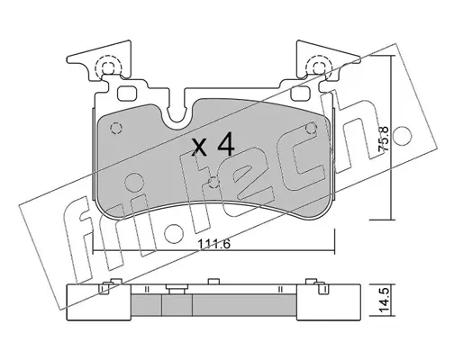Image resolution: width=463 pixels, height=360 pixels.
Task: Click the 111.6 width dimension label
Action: click(x=213, y=244)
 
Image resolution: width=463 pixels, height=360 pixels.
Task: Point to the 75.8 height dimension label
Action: click(x=384, y=139)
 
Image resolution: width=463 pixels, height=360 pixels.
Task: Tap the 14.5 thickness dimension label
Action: click(x=386, y=301)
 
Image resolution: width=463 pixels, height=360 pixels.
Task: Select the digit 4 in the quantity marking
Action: click(x=225, y=146)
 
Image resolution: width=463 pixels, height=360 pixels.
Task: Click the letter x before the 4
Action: click(x=200, y=148)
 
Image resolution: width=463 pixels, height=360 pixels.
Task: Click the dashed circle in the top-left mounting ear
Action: click(x=108, y=67)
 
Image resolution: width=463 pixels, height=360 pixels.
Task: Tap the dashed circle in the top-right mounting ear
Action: click(x=319, y=67)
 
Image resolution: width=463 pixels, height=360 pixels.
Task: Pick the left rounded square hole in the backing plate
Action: click(x=126, y=94)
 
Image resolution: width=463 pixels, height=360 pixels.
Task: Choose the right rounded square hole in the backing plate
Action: click(x=300, y=94)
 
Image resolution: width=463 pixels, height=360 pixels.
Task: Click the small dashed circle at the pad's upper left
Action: click(x=116, y=129)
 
